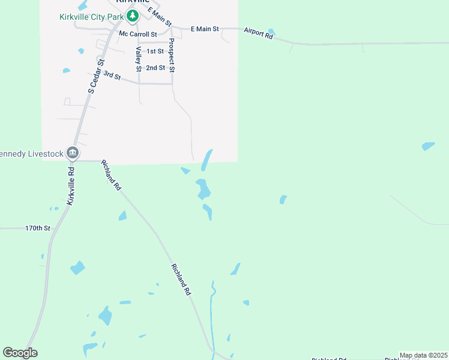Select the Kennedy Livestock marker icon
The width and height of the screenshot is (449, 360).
pos(73,152)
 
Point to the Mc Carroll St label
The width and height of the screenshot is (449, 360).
pos(137,34)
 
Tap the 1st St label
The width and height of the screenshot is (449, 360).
pos(155,52)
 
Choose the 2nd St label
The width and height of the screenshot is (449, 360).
pos(155,68)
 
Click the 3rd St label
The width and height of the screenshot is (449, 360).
pos(112,76)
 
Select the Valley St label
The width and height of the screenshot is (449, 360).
pos(139,59)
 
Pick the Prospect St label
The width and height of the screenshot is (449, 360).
pos(172,55)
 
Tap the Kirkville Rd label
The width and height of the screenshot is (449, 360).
pos(71,185)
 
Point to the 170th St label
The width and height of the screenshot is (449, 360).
pos(37,228)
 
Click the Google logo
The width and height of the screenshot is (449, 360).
pos(20,353)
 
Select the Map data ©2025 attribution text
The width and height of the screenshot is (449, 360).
pos(423,355)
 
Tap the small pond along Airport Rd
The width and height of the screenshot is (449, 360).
pos(271,31)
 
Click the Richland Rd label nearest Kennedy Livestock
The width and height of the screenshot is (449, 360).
pos(112,175)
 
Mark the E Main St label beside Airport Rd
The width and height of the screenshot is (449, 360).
pos(205,29)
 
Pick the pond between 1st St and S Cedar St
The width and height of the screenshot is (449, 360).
pos(82,51)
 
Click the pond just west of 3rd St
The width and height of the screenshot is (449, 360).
pos(66,71)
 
